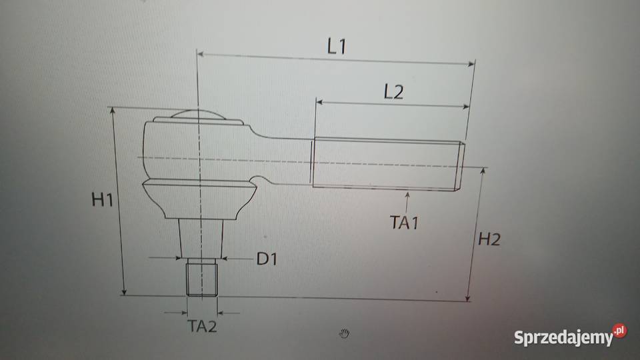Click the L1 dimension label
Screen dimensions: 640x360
337,46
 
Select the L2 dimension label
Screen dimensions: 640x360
393,92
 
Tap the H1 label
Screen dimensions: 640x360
102,199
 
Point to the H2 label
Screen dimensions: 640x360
489,239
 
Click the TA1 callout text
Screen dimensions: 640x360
405,223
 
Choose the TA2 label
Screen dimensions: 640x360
202,326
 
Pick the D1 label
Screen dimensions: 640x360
267,259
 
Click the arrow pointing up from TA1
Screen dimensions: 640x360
407,202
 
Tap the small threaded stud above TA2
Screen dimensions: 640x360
201,277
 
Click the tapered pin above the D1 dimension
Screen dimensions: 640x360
201,239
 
